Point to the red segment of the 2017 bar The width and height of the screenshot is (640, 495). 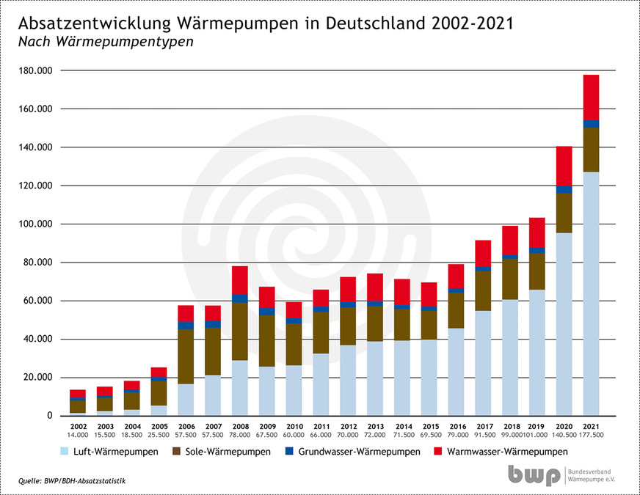click(x=483, y=253)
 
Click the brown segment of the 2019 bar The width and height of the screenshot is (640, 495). click(x=537, y=271)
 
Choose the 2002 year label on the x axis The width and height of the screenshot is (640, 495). click(x=79, y=426)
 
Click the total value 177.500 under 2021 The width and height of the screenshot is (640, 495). click(x=591, y=436)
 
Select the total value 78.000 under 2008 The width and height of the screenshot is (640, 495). click(x=241, y=436)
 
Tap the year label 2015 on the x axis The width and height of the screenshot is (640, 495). click(x=429, y=426)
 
